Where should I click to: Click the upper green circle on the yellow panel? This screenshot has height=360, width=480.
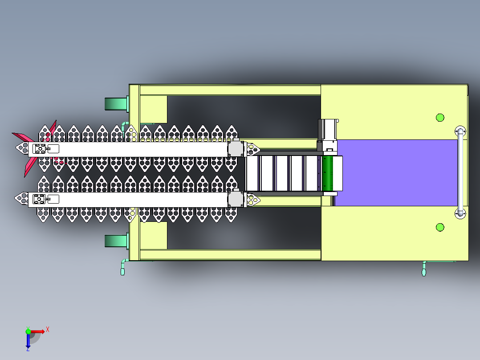tap(440, 118)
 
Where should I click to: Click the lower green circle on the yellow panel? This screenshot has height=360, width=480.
tap(440, 227)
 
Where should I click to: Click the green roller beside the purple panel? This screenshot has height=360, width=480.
tap(328, 173)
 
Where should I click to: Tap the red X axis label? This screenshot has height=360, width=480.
tap(48, 330)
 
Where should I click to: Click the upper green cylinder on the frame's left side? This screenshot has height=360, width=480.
tap(116, 104)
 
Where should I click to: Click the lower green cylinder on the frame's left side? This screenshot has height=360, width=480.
tap(116, 241)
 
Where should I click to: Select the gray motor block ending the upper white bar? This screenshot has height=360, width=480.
tap(236, 149)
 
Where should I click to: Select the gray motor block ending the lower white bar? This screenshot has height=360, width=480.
tap(236, 199)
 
